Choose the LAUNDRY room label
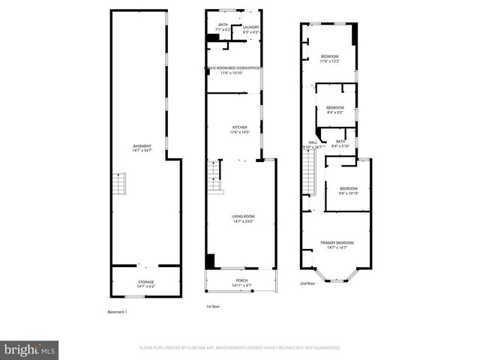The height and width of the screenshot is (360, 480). click(x=250, y=28)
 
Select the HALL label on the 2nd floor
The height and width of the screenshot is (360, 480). click(x=313, y=144)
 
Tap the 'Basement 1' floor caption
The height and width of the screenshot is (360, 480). click(x=118, y=312)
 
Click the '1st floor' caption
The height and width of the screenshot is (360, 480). click(x=213, y=306)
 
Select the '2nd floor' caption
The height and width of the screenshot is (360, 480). click(x=307, y=283)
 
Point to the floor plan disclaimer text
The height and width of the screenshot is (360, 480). click(x=240, y=348)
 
